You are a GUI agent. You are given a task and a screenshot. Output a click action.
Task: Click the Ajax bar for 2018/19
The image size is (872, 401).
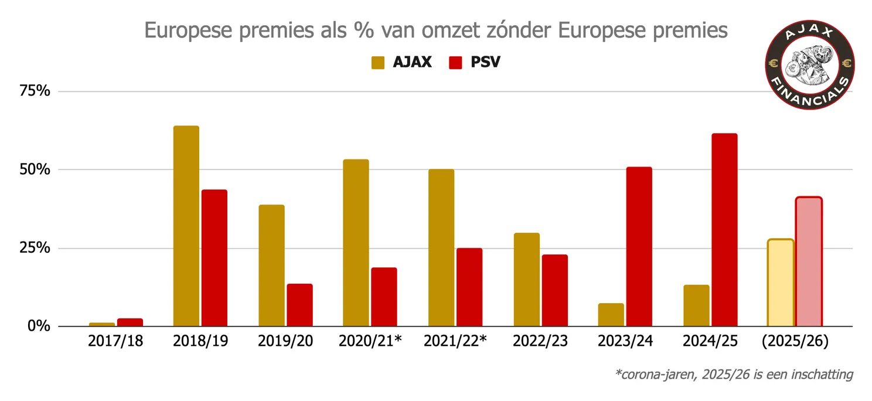186,226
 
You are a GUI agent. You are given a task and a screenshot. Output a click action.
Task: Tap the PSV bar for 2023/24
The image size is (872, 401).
639,246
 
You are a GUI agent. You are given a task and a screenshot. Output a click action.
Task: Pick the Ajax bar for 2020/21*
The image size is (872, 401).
356,243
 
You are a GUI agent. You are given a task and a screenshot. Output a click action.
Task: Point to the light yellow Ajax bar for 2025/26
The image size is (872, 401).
780,283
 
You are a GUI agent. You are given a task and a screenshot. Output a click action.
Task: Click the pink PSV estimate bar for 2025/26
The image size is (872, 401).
809,261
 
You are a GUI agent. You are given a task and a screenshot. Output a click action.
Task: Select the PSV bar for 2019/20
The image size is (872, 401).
299,305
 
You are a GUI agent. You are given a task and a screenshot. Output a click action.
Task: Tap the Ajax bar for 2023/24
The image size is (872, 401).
611,315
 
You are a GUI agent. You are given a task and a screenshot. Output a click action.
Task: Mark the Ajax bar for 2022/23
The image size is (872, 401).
526,279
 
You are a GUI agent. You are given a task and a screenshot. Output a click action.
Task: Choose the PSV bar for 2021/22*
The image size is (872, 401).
469,287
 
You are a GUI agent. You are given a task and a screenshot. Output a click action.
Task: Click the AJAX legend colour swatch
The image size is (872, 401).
377,62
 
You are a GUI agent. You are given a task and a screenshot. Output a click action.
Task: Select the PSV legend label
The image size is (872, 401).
485,62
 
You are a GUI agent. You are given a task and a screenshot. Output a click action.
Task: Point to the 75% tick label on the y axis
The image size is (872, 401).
36,91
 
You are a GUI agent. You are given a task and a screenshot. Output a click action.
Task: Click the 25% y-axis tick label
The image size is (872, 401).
36,248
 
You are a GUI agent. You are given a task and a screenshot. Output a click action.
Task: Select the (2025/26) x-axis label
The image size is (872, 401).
795,342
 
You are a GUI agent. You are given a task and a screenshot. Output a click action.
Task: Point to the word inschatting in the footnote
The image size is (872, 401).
822,374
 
